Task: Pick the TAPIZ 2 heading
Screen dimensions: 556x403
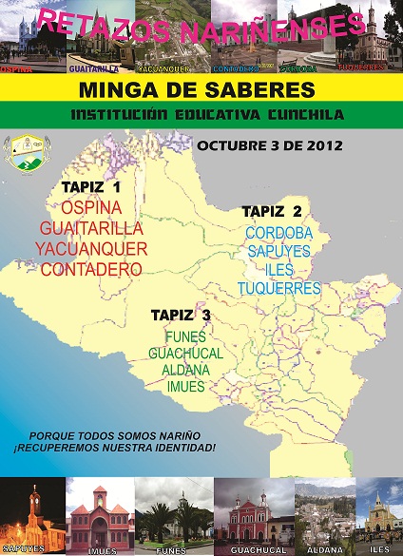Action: click(272, 210)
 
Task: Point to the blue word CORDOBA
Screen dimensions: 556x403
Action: click(278, 232)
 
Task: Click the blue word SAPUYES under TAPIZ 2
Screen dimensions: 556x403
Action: click(278, 251)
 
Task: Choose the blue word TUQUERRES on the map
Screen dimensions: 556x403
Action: click(278, 288)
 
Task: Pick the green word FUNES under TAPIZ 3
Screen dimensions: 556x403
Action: click(185, 336)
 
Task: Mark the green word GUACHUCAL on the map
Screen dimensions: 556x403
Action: click(185, 354)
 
